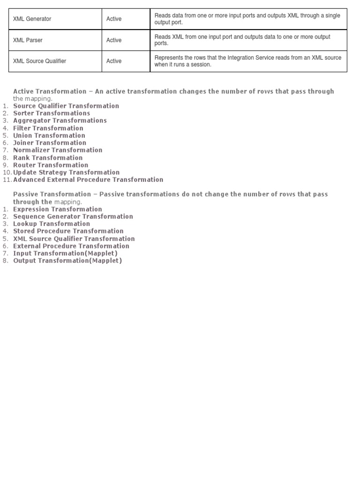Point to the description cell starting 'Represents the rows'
248,61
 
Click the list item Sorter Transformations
52,113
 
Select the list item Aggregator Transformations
60,120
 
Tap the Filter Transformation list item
48,128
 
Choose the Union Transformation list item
49,135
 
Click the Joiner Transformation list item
50,142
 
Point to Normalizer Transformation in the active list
58,150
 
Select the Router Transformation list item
51,165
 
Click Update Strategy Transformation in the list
67,172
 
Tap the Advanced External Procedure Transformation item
88,180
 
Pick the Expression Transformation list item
58,209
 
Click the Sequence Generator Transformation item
73,217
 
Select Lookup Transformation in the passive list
52,224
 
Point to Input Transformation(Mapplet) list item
65,253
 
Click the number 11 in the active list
6,180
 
